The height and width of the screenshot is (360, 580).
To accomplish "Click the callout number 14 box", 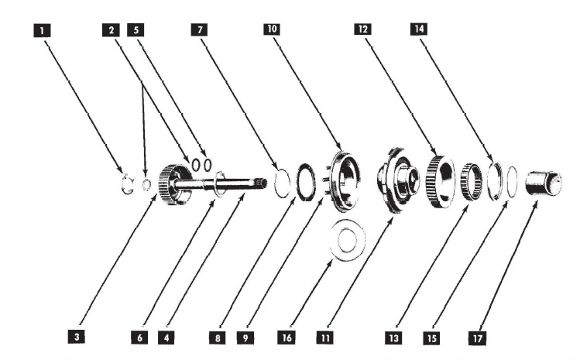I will tap(419, 29).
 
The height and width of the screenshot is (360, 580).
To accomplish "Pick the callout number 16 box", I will tap(284, 338).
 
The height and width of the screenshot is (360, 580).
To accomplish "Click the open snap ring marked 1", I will tap(127, 184).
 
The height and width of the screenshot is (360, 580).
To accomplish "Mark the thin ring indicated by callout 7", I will tap(283, 183).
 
